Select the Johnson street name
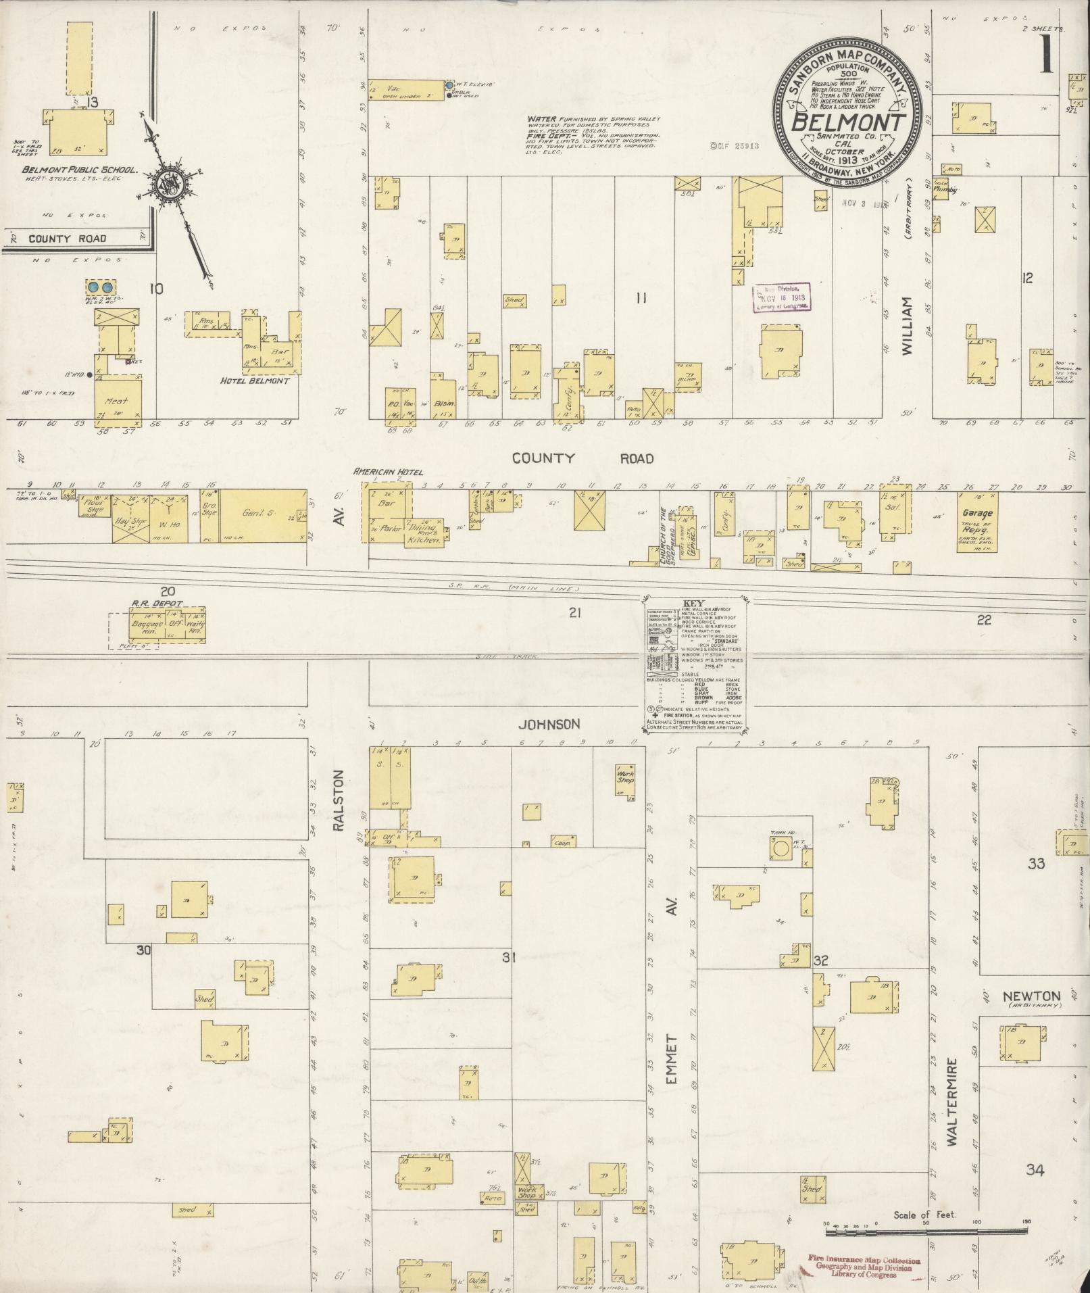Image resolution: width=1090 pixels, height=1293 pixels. tap(549, 725)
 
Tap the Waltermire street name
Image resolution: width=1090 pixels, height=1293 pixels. tap(951, 1102)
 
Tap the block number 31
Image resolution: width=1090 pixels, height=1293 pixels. tap(509, 956)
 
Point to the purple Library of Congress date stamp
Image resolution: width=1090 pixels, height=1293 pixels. tap(782, 298)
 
